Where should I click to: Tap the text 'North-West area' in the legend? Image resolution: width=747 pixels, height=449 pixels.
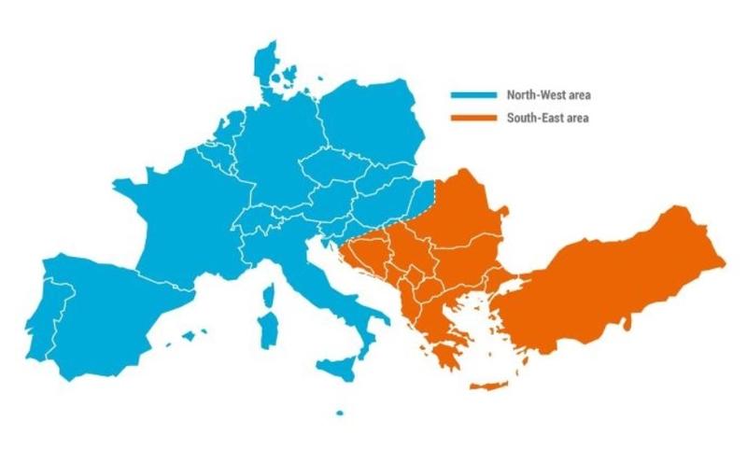[549, 95]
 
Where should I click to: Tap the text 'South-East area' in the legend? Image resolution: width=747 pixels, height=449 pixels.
[548, 119]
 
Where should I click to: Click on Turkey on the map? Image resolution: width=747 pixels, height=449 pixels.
[616, 280]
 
